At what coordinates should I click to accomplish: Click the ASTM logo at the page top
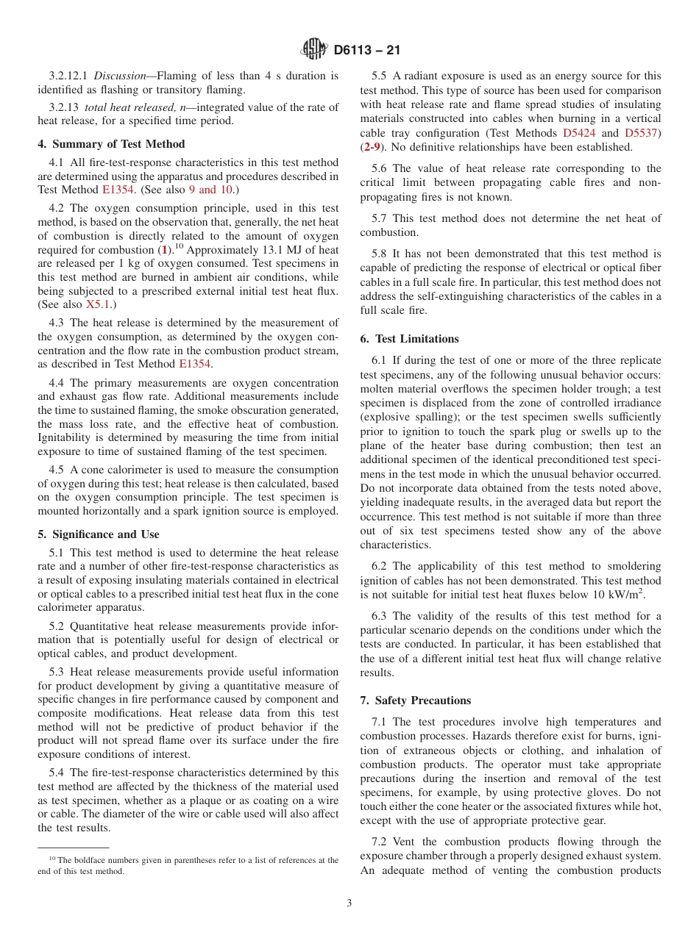tap(314, 49)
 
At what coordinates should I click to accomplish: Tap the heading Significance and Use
tap(105, 534)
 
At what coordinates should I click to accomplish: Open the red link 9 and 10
tap(213, 190)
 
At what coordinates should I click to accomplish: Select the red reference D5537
tap(641, 133)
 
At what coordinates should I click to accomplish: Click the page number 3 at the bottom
tap(349, 903)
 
